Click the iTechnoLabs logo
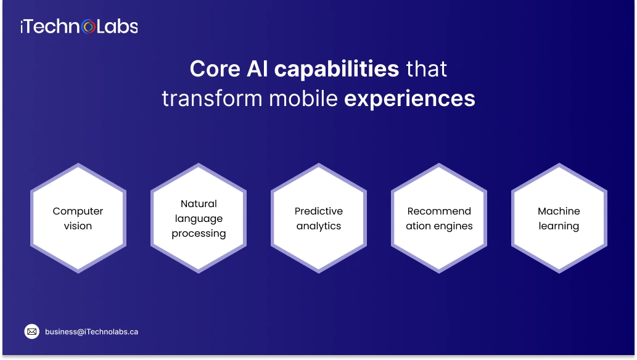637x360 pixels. click(x=79, y=26)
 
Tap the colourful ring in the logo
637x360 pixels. click(x=89, y=27)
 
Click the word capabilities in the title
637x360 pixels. click(x=337, y=69)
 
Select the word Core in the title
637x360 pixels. click(x=214, y=69)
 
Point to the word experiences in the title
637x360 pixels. click(x=409, y=99)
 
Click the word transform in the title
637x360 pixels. click(x=201, y=99)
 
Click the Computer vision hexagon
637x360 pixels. click(x=78, y=218)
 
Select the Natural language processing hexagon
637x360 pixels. click(x=199, y=218)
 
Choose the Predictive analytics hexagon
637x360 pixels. click(x=319, y=218)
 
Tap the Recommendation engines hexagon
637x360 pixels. click(x=439, y=218)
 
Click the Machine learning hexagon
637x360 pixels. click(x=559, y=218)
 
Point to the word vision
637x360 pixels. click(x=78, y=226)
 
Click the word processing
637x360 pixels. click(x=199, y=234)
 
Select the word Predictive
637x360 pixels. click(x=319, y=211)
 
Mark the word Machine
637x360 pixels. click(x=559, y=211)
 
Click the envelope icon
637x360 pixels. click(x=32, y=332)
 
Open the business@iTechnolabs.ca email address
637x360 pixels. click(x=91, y=332)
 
